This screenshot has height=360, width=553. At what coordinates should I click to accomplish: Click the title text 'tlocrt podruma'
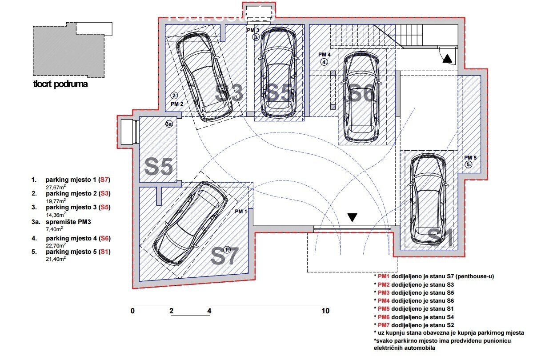tap(60, 84)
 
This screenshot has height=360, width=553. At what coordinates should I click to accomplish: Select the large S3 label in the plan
tap(229, 94)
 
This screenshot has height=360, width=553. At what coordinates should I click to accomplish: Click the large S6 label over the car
tap(361, 94)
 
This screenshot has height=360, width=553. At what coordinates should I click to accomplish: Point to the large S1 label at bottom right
tap(440, 238)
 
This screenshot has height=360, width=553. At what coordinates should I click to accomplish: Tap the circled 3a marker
tap(169, 124)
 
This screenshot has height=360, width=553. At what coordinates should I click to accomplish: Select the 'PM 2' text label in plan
tap(177, 104)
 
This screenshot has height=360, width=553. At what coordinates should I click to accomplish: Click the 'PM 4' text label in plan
tap(325, 55)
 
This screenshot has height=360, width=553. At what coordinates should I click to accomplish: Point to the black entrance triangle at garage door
tap(353, 217)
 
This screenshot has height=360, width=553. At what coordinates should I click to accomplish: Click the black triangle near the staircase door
tap(447, 58)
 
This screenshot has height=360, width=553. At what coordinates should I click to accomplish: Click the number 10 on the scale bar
tap(325, 311)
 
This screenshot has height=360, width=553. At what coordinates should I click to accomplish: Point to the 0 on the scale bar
tap(132, 311)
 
